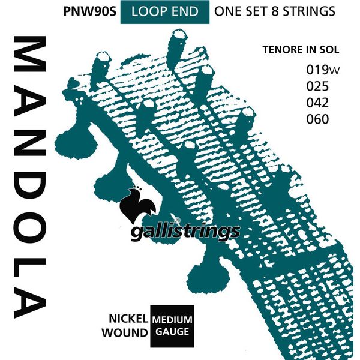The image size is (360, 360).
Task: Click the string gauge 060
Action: point(317,119)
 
